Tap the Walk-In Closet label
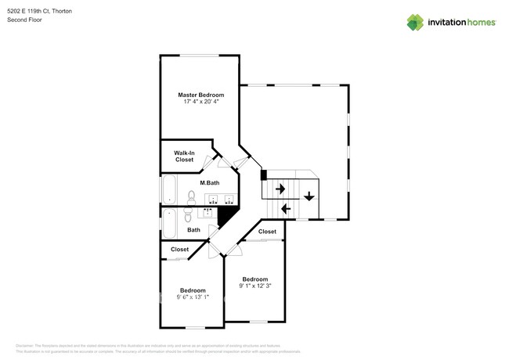click(184, 156)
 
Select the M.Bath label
click(209, 182)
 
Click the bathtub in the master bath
click(170, 190)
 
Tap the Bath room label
click(193, 229)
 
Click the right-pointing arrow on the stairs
click(279, 189)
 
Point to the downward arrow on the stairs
click(309, 196)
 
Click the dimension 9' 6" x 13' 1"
click(192, 297)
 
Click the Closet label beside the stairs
click(267, 232)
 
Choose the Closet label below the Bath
click(179, 249)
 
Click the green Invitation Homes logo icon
click(415, 22)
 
